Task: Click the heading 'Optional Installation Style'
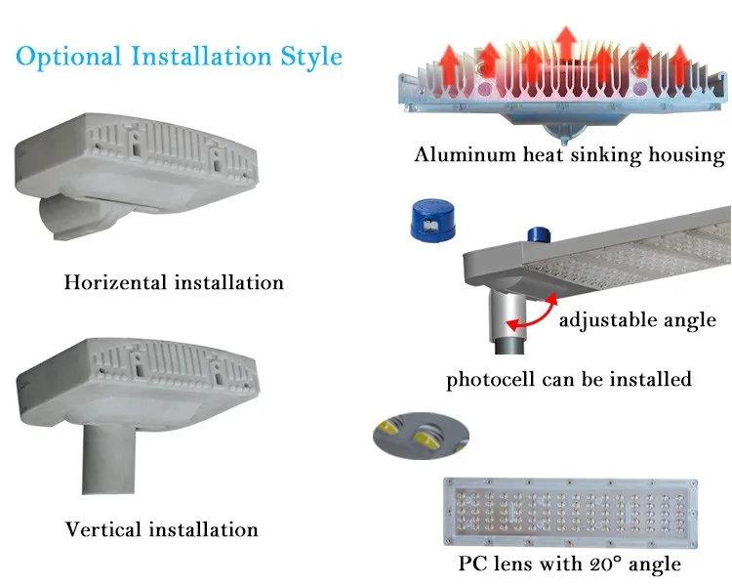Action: (179, 57)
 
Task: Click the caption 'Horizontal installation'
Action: (174, 283)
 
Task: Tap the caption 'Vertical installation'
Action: (162, 530)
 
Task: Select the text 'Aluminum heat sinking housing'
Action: (570, 154)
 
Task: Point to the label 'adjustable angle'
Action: (637, 319)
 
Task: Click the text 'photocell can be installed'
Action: (569, 379)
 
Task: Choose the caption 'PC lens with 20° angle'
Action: (570, 564)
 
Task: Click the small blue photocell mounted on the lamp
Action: (536, 234)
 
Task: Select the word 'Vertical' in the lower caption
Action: (103, 530)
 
